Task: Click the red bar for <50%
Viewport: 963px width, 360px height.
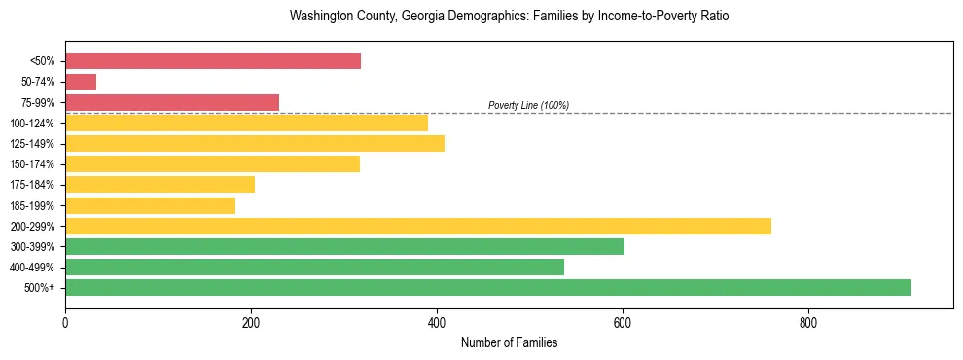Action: point(213,61)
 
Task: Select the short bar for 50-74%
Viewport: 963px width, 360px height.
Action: point(81,82)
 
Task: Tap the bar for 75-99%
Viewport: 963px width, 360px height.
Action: point(172,102)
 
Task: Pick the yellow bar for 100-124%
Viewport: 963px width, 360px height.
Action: point(246,123)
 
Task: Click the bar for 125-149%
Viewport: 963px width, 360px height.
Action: point(255,144)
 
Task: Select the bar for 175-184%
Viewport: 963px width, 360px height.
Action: point(160,185)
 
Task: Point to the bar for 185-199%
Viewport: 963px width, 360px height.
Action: point(150,205)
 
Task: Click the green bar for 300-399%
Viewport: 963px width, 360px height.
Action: point(344,247)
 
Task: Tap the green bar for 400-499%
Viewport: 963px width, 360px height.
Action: point(314,268)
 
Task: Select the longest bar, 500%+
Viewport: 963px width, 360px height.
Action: point(488,287)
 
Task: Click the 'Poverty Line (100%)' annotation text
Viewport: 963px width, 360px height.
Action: point(528,105)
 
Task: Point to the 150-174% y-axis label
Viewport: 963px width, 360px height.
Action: point(32,164)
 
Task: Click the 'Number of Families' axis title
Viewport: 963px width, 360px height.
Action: point(509,343)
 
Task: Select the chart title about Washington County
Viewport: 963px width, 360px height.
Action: point(509,17)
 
